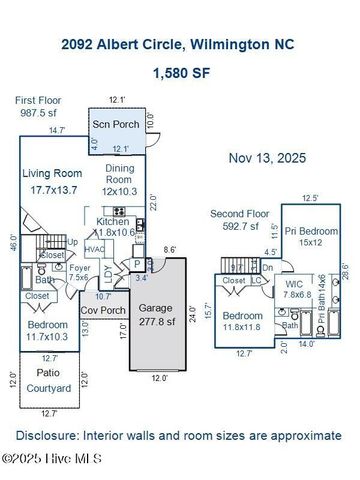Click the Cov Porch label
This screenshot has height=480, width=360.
[102, 310]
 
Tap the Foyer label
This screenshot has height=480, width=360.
[80, 268]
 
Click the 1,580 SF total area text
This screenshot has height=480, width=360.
[179, 73]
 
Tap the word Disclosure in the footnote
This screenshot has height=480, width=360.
[44, 436]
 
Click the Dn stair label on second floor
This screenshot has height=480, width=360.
[267, 267]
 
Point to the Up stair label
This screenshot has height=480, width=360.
[72, 242]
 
